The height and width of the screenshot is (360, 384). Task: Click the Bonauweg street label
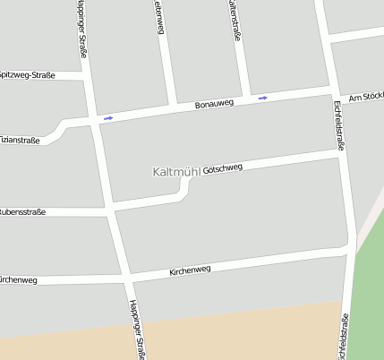[213, 105]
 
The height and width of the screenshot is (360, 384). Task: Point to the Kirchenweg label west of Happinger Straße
[18, 280]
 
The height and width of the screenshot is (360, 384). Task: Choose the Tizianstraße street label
[20, 140]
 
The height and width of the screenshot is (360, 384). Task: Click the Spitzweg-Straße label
[27, 75]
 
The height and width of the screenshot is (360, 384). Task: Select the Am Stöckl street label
[366, 97]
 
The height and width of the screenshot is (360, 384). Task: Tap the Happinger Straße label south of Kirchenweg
[137, 329]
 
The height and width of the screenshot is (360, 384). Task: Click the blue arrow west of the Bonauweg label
[108, 117]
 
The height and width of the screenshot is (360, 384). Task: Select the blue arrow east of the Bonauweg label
[262, 97]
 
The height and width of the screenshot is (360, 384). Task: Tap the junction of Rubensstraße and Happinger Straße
[111, 211]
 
